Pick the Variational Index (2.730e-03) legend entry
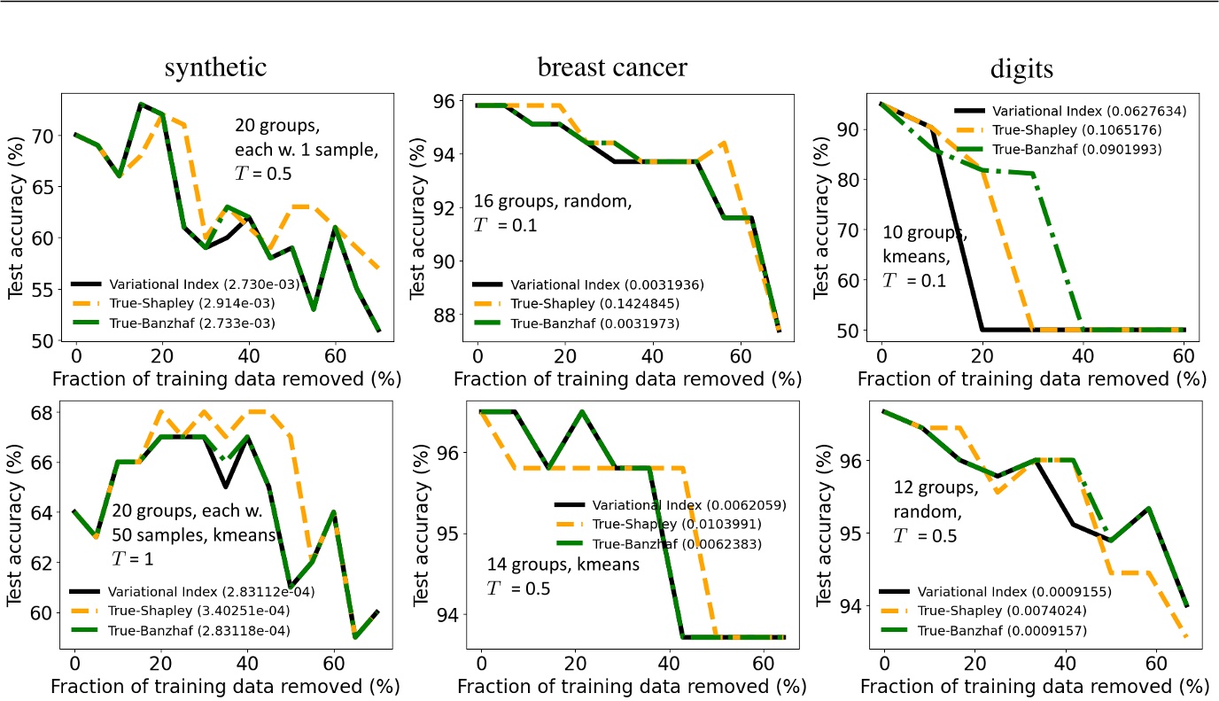tap(178, 285)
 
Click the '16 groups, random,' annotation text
tap(553, 202)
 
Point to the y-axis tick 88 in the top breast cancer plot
tap(445, 315)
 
